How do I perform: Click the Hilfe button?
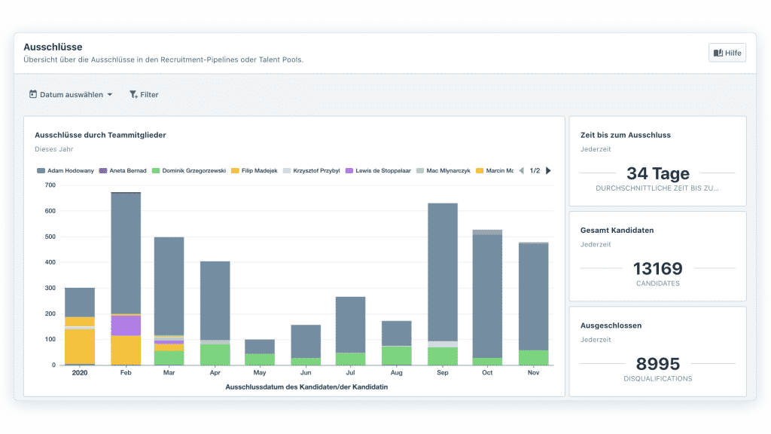[x=727, y=53]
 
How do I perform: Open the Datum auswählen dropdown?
[x=71, y=95]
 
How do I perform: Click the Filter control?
[x=144, y=95]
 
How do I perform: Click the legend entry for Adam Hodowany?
[x=66, y=171]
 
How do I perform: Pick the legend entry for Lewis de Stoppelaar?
[x=378, y=171]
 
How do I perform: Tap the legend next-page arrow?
[x=548, y=171]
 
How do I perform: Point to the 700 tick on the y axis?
[x=50, y=185]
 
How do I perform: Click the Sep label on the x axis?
[x=442, y=372]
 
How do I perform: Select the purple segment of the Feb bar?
[x=126, y=325]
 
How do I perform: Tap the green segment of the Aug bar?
[x=397, y=356]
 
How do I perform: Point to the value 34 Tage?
[x=657, y=173]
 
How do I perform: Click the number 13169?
[x=657, y=268]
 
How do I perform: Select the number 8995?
[x=657, y=364]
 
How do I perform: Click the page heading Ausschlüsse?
[x=53, y=47]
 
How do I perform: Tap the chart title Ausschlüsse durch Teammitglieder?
[x=100, y=135]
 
